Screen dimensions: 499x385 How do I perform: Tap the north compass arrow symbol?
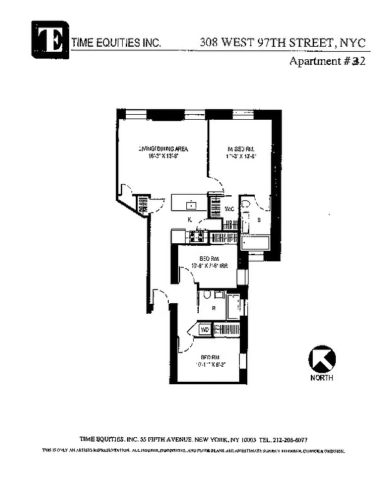pos(321,359)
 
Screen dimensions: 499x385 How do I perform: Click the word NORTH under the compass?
pos(321,378)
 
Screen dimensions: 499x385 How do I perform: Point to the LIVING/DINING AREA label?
pos(163,148)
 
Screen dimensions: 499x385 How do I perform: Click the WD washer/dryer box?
pos(204,329)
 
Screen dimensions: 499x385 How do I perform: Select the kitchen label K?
pos(189,220)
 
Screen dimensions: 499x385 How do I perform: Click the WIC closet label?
pos(229,208)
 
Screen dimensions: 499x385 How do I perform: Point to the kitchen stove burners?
pos(199,236)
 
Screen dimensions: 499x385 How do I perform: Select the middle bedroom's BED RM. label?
pos(209,258)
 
